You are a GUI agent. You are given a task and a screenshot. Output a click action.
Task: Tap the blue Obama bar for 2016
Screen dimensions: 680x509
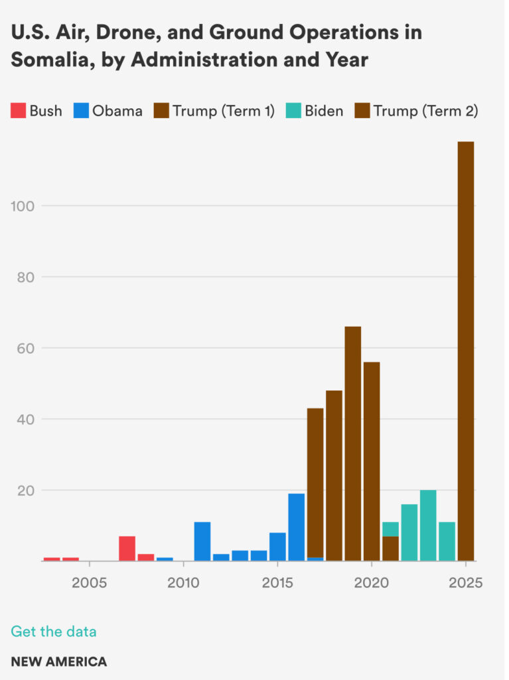pos(297,527)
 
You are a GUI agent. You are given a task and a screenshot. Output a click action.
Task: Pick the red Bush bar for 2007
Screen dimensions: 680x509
pos(127,549)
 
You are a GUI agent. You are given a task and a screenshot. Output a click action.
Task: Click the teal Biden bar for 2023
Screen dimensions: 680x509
pos(428,525)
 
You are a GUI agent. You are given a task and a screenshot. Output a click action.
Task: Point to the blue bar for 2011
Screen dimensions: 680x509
pos(202,541)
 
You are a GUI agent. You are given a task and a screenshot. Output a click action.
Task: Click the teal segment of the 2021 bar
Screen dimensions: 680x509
pos(391,529)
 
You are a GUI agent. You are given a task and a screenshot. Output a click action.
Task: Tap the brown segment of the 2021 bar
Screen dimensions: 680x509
pos(391,549)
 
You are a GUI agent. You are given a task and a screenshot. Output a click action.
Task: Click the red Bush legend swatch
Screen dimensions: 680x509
pos(18,111)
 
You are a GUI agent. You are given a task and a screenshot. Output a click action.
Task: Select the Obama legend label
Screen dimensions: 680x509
pos(117,111)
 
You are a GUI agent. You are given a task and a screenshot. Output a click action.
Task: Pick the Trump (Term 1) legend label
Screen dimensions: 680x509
pos(224,111)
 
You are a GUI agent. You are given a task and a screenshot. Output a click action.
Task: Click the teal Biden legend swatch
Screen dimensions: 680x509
pos(293,111)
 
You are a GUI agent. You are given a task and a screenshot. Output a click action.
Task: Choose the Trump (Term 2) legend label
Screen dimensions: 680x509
pos(425,111)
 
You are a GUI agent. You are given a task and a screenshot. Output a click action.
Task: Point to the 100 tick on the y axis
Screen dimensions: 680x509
pos(23,206)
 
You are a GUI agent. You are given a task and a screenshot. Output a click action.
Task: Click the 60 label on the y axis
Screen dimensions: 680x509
pos(23,348)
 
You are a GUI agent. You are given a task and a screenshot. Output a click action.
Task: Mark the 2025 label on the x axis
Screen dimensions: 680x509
pos(466,583)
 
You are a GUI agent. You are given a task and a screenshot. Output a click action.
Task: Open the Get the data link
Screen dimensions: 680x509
pos(54,632)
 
